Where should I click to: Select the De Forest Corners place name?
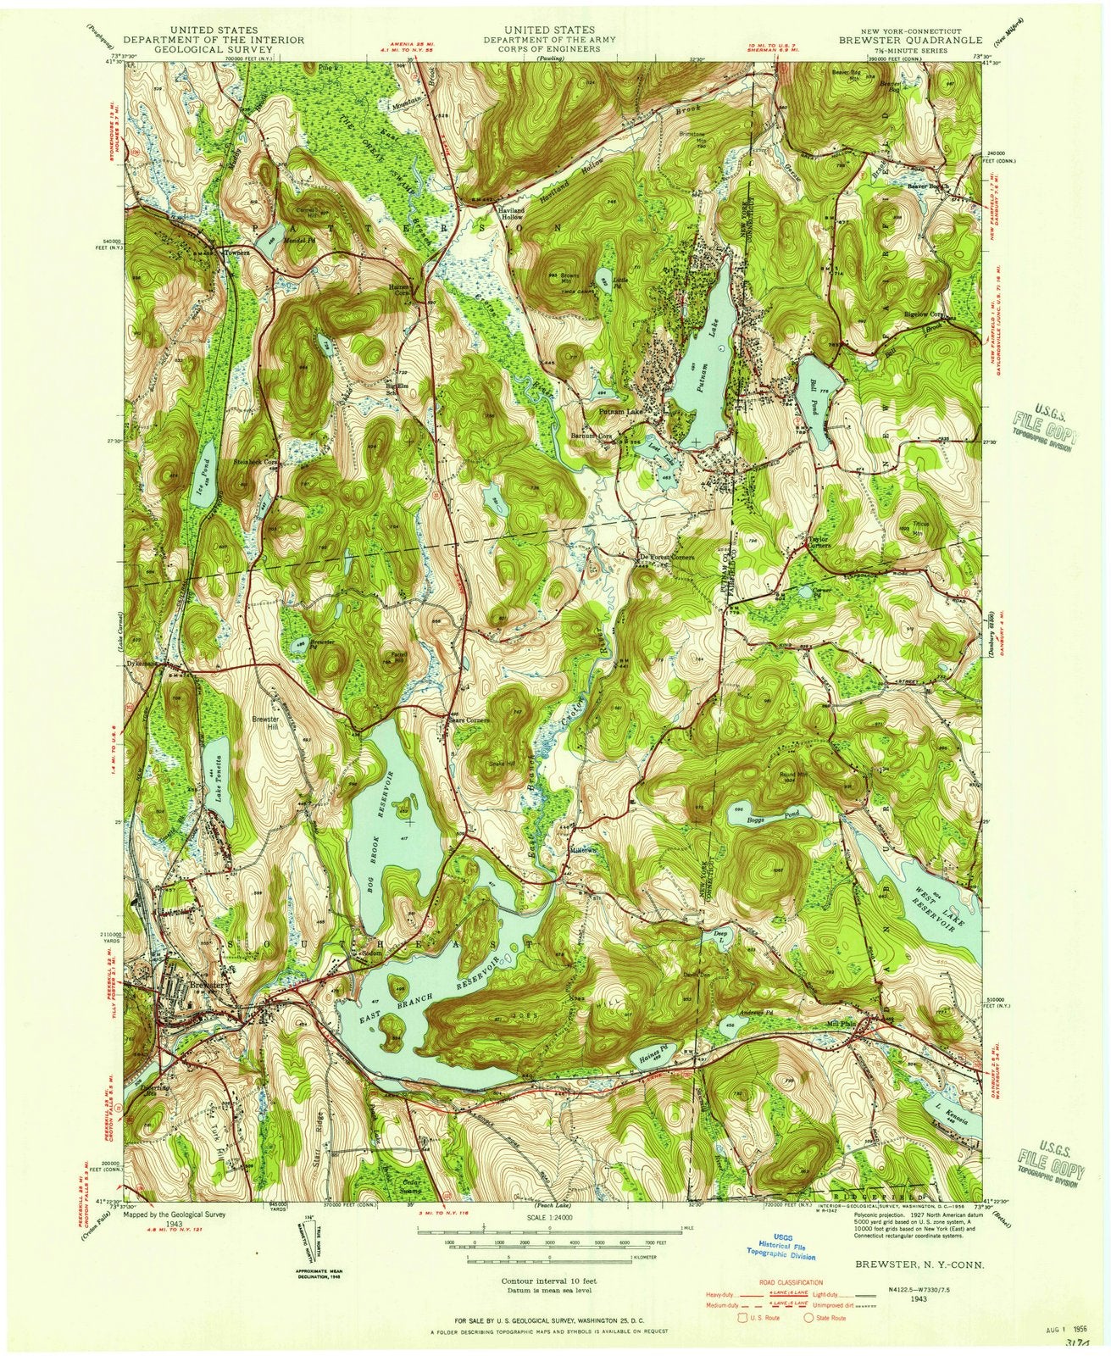point(666,557)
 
